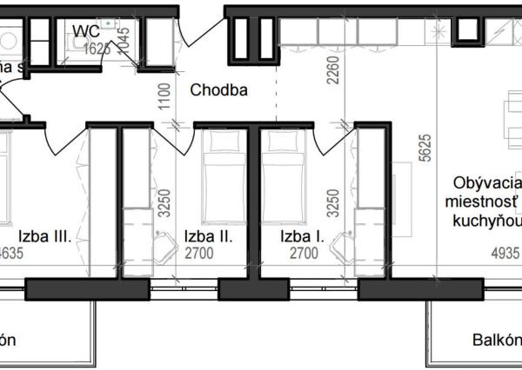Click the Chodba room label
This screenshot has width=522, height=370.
[x=219, y=89]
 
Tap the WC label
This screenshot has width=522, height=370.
[x=86, y=31]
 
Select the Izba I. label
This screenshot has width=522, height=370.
[x=302, y=235]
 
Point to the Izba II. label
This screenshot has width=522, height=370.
[x=207, y=235]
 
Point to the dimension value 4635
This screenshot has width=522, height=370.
[x=11, y=254]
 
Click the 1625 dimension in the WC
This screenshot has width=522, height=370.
[x=97, y=49]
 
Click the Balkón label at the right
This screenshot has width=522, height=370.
[x=497, y=340]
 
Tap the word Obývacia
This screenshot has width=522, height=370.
[x=482, y=184]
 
